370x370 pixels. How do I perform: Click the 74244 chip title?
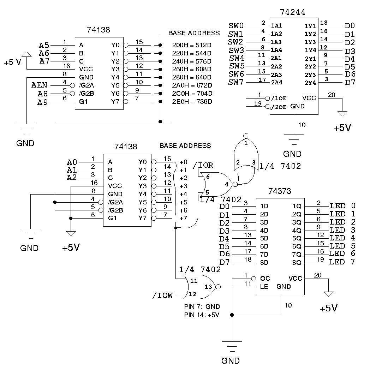pos(292,12)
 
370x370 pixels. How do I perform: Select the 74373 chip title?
pos(280,191)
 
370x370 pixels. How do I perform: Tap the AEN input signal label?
pos(39,86)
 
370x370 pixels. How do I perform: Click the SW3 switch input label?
pos(236,50)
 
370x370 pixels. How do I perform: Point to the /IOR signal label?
pos(203,165)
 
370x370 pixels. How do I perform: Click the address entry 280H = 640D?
pos(192,77)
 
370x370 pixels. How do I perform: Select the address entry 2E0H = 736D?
pos(192,102)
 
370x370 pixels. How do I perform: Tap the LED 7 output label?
pos(342,262)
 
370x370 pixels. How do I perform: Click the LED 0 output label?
pos(342,206)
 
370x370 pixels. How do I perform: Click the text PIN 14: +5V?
pos(202,315)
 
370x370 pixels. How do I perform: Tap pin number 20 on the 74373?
pos(318,275)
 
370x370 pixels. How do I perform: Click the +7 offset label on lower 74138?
pos(184,219)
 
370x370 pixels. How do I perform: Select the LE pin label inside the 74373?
pos(264,287)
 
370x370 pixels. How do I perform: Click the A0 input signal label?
pos(72,162)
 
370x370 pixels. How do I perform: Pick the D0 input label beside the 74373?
pos(224,206)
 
